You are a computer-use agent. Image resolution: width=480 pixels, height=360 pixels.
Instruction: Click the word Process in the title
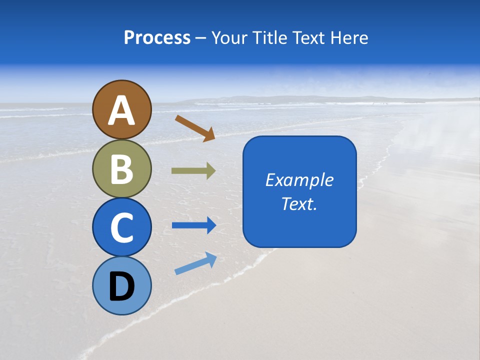[157, 37]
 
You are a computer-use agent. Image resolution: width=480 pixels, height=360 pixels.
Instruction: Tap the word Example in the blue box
[299, 180]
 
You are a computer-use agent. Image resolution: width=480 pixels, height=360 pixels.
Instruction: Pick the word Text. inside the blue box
[299, 203]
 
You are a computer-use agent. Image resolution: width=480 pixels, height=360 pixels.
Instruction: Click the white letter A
[122, 111]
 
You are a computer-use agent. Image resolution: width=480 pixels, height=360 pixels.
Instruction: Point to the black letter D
[122, 286]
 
